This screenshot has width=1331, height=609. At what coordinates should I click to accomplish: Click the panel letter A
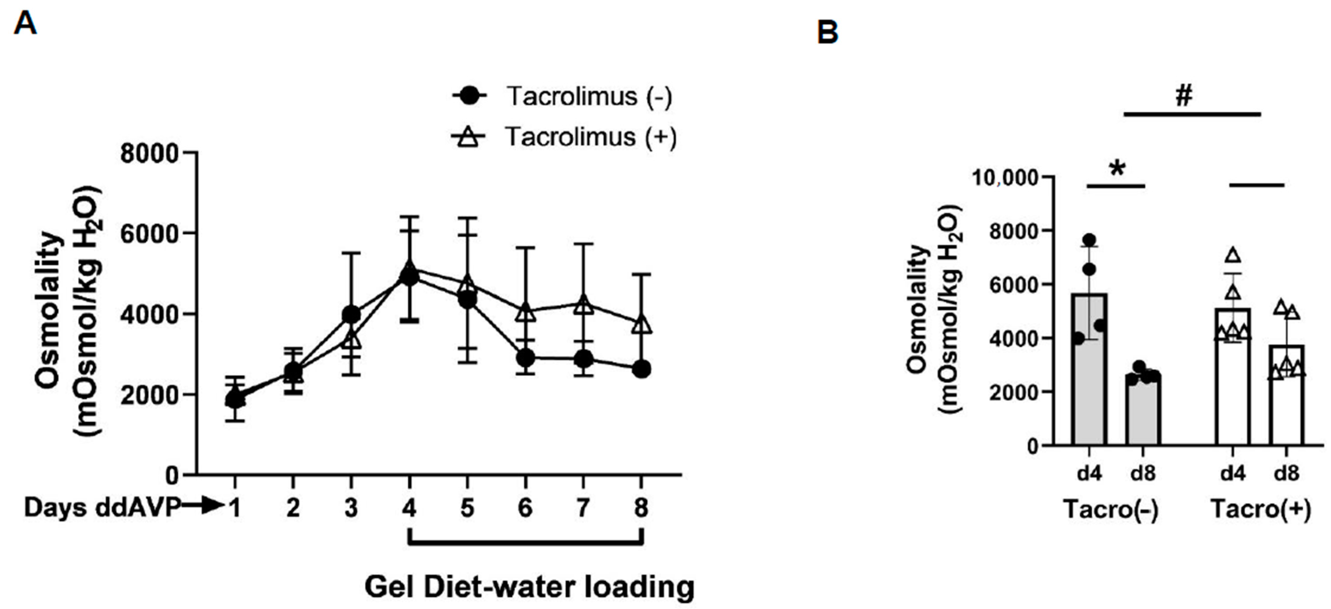coord(25,23)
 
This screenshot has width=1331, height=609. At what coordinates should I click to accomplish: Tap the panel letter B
coord(828,33)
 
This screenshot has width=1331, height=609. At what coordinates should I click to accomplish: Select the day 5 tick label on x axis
coord(467,508)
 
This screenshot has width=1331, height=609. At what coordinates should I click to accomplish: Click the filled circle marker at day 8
coord(641,369)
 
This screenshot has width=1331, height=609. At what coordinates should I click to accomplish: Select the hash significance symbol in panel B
coord(1183,96)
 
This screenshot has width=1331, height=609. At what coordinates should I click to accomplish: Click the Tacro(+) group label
coord(1261,510)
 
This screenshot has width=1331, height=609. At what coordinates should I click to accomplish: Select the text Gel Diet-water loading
coord(529,587)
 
